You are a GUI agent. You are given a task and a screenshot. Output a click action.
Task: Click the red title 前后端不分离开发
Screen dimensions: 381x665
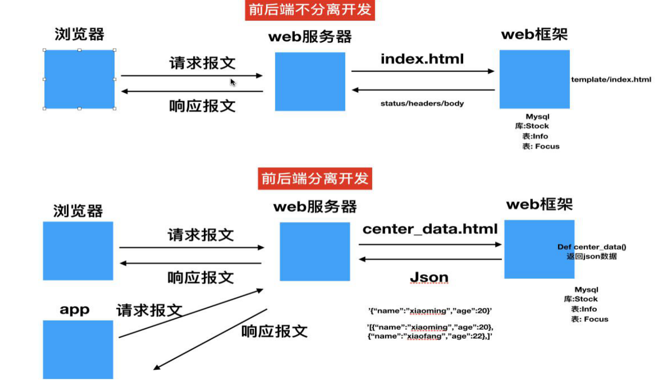click(x=310, y=10)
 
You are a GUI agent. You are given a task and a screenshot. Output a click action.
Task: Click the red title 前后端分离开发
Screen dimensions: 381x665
click(x=315, y=178)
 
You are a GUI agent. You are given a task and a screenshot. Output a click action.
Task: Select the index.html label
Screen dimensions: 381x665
click(x=422, y=59)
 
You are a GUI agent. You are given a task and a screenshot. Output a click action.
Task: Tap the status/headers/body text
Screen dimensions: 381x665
click(x=422, y=104)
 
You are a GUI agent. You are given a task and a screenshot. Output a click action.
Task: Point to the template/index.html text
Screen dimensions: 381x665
click(x=611, y=80)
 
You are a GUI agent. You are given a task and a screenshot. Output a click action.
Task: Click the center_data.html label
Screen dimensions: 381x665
click(x=430, y=229)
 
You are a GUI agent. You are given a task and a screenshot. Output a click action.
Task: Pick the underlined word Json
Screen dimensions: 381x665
click(x=429, y=278)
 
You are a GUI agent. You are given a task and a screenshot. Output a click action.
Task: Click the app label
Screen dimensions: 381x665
click(x=75, y=309)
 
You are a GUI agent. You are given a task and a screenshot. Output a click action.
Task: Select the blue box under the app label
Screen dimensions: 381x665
click(x=78, y=349)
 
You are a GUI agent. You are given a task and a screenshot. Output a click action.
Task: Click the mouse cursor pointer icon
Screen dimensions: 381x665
click(x=232, y=82)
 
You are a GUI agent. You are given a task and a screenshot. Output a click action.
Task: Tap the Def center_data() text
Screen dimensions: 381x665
click(x=592, y=247)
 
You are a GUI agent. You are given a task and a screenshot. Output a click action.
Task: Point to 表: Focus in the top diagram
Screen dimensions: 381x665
click(x=541, y=146)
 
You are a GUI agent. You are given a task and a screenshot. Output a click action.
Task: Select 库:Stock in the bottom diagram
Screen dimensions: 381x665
click(x=581, y=299)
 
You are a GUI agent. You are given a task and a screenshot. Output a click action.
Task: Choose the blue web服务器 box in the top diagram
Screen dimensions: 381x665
click(x=310, y=82)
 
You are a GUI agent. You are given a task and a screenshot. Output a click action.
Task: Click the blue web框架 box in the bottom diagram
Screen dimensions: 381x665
click(x=539, y=249)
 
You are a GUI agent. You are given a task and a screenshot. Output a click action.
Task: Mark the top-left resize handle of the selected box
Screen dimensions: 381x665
click(x=44, y=50)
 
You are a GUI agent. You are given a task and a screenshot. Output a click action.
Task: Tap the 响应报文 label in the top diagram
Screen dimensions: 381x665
click(x=202, y=106)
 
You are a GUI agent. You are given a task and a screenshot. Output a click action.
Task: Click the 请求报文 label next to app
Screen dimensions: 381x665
click(x=149, y=310)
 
